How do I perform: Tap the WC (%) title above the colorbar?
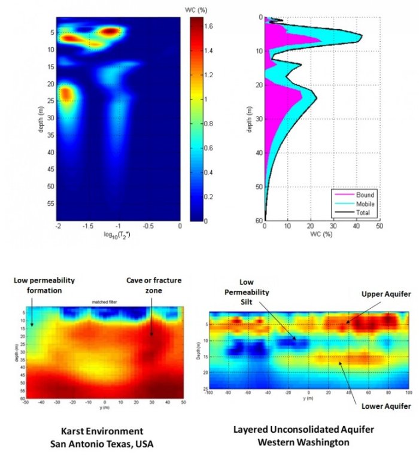[x=198, y=10]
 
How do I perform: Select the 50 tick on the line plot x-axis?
[x=379, y=227]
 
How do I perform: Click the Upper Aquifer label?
[x=379, y=295]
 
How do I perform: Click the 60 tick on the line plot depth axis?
[x=259, y=220]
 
